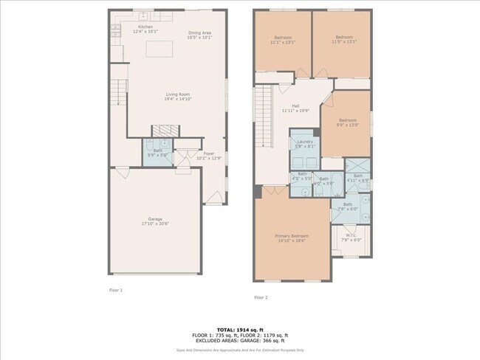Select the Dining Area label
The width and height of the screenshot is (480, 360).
pyautogui.click(x=199, y=32)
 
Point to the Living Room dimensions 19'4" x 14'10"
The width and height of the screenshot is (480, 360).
pyautogui.click(x=177, y=99)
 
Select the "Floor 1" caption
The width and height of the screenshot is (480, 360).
pyautogui.click(x=116, y=290)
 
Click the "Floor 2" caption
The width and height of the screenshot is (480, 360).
pyautogui.click(x=261, y=297)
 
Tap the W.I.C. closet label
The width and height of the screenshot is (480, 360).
pyautogui.click(x=351, y=236)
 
